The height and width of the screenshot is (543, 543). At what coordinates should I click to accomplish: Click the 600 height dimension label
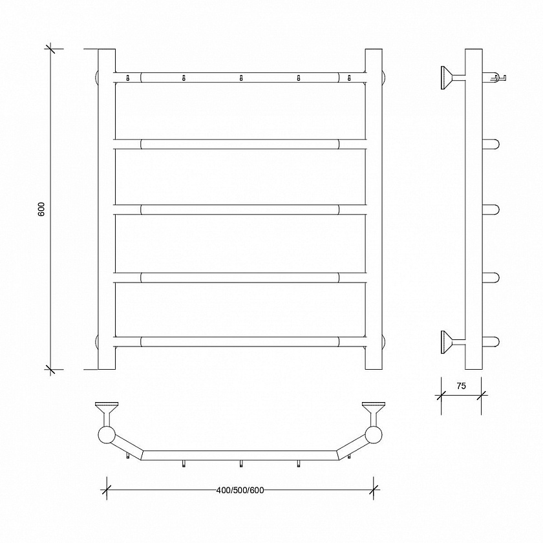pyautogui.click(x=41, y=209)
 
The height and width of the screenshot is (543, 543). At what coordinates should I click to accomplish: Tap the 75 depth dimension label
pyautogui.click(x=462, y=386)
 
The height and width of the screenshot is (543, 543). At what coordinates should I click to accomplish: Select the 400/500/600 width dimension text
pyautogui.click(x=240, y=490)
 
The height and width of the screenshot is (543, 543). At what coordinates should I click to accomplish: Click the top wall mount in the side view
pyautogui.click(x=452, y=78)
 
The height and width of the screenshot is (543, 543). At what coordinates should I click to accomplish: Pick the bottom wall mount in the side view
pyautogui.click(x=452, y=342)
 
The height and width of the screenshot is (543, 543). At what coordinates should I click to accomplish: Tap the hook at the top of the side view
pyautogui.click(x=494, y=78)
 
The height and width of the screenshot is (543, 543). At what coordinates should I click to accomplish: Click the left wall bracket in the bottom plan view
pyautogui.click(x=107, y=414)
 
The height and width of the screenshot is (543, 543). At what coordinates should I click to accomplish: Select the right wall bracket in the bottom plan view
pyautogui.click(x=374, y=414)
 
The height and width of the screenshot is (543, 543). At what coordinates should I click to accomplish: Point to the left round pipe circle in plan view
pyautogui.click(x=107, y=435)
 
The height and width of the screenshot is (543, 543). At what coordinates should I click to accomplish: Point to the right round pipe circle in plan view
pyautogui.click(x=374, y=435)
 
